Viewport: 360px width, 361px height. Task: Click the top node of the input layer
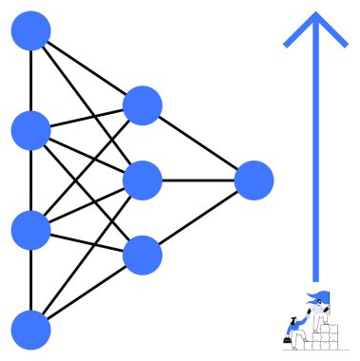click(30, 31)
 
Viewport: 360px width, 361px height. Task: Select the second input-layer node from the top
click(30, 130)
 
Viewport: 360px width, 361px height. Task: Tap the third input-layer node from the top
click(30, 229)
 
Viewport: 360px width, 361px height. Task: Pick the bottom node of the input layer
click(30, 329)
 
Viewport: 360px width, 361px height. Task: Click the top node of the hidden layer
click(142, 105)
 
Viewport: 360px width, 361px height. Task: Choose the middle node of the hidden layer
click(142, 180)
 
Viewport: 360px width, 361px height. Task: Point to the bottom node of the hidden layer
click(142, 254)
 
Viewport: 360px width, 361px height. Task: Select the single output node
click(254, 180)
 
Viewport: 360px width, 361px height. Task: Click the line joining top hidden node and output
click(198, 142)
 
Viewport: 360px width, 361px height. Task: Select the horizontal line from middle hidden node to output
click(198, 180)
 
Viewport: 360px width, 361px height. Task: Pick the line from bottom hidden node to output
click(198, 217)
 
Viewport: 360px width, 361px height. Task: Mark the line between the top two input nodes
click(30, 81)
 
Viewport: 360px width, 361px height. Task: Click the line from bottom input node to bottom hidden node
click(86, 291)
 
